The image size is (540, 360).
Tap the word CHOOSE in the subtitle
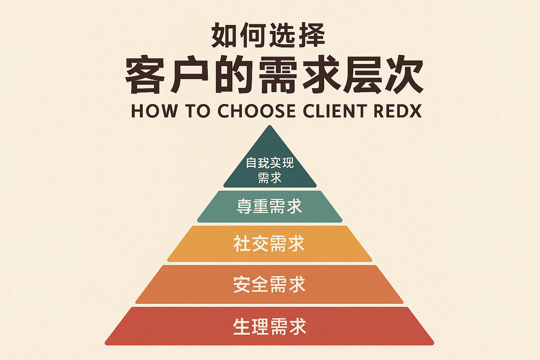click(x=256, y=111)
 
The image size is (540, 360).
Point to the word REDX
click(x=398, y=111)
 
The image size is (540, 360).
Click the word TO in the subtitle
click(x=198, y=111)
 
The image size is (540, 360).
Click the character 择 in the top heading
click(x=311, y=36)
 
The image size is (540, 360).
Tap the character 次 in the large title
click(x=404, y=76)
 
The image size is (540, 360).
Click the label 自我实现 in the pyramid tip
click(x=270, y=163)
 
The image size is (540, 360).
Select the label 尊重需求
click(x=270, y=206)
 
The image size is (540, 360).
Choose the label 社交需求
click(x=269, y=244)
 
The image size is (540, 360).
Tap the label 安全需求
click(x=269, y=284)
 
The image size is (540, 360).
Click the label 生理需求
click(x=270, y=326)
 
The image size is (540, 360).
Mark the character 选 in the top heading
click(x=282, y=36)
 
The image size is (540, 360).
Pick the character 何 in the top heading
click(x=253, y=36)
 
